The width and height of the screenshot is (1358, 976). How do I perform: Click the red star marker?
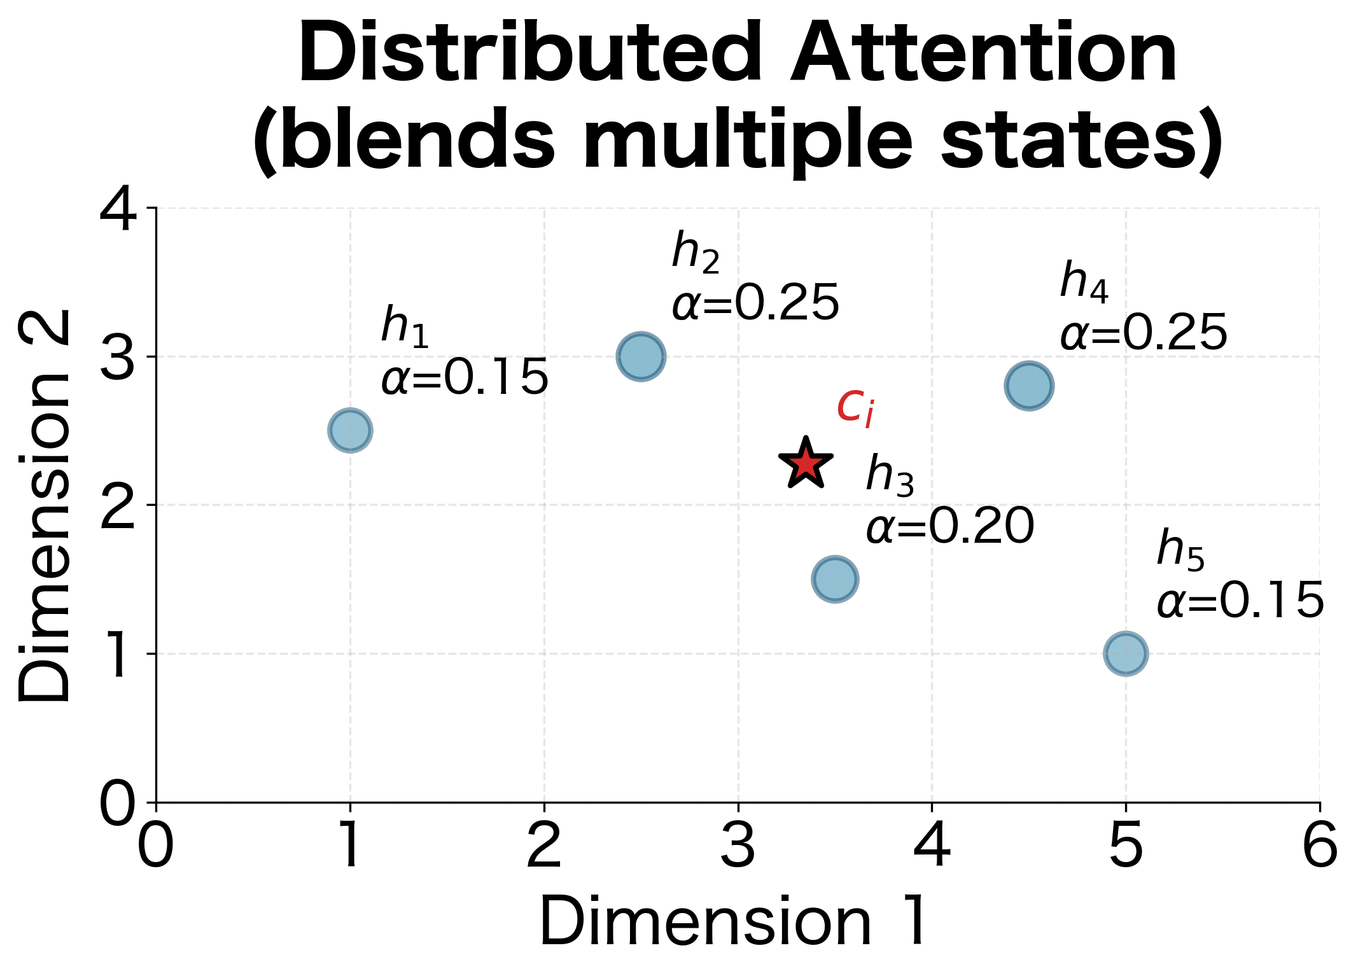pyautogui.click(x=806, y=464)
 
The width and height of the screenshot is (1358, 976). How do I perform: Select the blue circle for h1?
pyautogui.click(x=350, y=430)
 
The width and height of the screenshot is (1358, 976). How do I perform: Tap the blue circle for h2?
pyautogui.click(x=641, y=356)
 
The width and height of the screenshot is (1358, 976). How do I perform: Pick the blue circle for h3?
pyautogui.click(x=835, y=578)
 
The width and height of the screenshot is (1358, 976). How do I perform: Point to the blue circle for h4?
pyautogui.click(x=1029, y=386)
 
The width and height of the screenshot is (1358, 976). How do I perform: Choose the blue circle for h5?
pyautogui.click(x=1126, y=653)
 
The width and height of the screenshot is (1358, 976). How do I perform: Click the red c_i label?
pyautogui.click(x=855, y=407)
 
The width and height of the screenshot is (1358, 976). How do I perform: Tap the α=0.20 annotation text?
pyautogui.click(x=950, y=527)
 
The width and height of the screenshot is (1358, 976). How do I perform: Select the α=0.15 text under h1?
pyautogui.click(x=465, y=378)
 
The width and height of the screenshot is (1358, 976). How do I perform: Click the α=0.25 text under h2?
pyautogui.click(x=756, y=303)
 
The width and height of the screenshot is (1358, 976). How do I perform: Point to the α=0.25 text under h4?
pyautogui.click(x=1144, y=333)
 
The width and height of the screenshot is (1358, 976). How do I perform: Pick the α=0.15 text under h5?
pyautogui.click(x=1240, y=601)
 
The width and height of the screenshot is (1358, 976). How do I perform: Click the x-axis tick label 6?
pyautogui.click(x=1320, y=846)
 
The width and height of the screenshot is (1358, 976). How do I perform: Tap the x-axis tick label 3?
pyautogui.click(x=738, y=846)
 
